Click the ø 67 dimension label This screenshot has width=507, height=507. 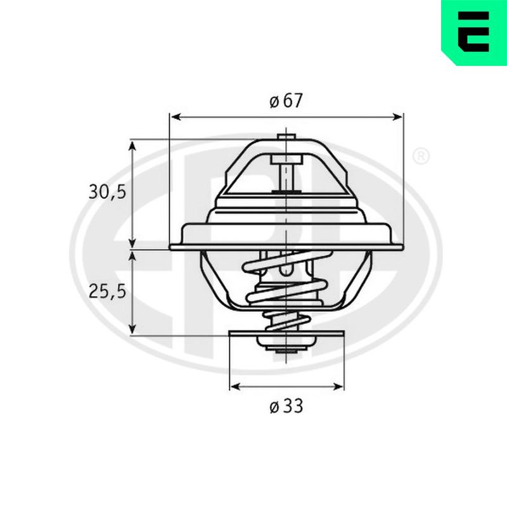tap(286, 101)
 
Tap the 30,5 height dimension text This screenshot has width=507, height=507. tap(107, 193)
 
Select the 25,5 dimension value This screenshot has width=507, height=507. tap(107, 292)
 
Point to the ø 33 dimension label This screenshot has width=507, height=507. tap(286, 406)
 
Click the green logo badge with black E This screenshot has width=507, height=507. tap(474, 33)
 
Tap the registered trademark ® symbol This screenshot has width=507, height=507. tap(421, 157)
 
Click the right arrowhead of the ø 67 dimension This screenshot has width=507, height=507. tap(397, 117)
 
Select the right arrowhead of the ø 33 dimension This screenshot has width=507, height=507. tap(337, 387)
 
